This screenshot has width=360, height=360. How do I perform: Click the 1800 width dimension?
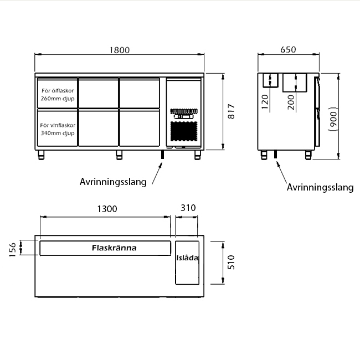(120, 50)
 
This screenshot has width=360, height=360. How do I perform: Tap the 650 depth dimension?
(288, 50)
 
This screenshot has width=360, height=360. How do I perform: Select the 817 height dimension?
(232, 111)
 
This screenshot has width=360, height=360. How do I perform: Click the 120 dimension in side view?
(265, 102)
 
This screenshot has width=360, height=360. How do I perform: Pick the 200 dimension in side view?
(291, 102)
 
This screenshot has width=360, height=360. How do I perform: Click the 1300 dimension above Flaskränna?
(107, 209)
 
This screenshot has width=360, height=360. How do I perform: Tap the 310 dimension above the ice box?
(188, 208)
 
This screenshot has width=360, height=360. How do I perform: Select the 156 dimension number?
(13, 249)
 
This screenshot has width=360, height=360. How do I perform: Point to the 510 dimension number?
(231, 263)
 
